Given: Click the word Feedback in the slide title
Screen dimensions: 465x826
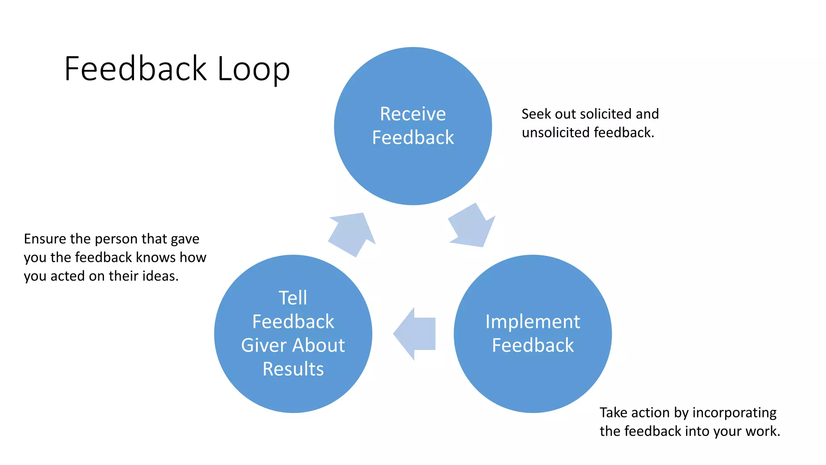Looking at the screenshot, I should [x=136, y=69].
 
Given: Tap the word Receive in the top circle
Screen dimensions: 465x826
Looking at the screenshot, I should [x=413, y=114].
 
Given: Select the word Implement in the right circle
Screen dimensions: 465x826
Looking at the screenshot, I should [x=532, y=322].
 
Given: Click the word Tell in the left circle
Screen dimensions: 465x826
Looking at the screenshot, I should [x=293, y=298].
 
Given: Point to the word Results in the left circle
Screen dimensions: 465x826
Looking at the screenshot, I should [x=293, y=369].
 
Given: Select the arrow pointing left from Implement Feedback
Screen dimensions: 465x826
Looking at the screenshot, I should [x=415, y=334].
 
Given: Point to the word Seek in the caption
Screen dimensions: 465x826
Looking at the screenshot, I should [x=536, y=114].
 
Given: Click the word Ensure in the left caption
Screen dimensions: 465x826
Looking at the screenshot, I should [x=45, y=239].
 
